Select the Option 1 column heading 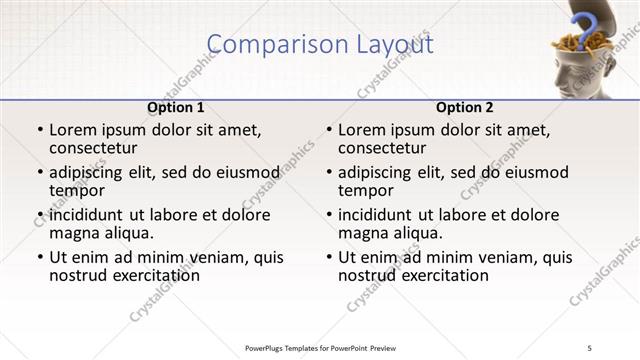coord(176,107)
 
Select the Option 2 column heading coord(464,107)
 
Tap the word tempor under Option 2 coord(364,190)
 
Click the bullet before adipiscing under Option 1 coord(40,173)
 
